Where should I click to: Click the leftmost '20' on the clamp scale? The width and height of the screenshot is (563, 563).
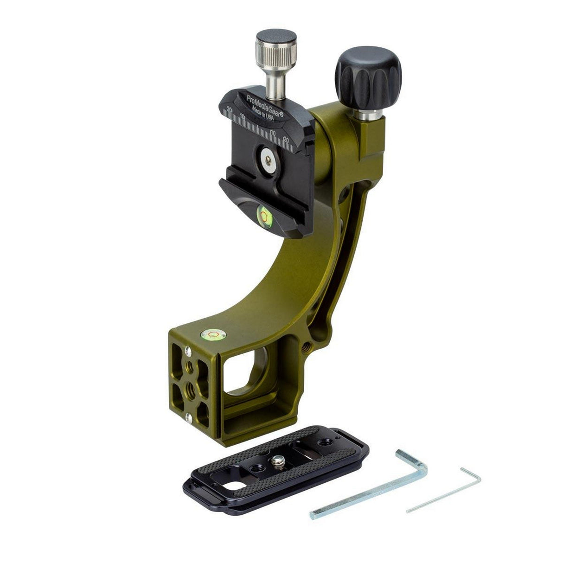click(230, 109)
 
